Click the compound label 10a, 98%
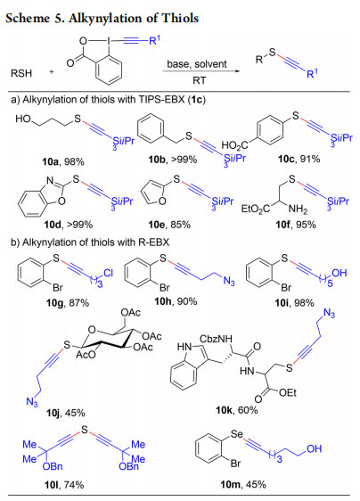pyautogui.click(x=63, y=161)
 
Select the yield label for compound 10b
pyautogui.click(x=184, y=159)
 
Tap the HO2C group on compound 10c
pyautogui.click(x=234, y=145)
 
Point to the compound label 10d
pyautogui.click(x=53, y=225)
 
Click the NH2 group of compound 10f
pyautogui.click(x=298, y=209)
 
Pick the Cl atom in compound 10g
pyautogui.click(x=108, y=273)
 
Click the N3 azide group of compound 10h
pyautogui.click(x=229, y=281)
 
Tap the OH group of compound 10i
pyautogui.click(x=340, y=273)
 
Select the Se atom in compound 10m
pyautogui.click(x=237, y=434)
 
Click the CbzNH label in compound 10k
pyautogui.click(x=216, y=339)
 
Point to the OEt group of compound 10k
pyautogui.click(x=288, y=392)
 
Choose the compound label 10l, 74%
pyautogui.click(x=64, y=485)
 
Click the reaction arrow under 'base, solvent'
pyautogui.click(x=200, y=70)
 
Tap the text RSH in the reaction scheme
pyautogui.click(x=21, y=73)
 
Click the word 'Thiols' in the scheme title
pyautogui.click(x=180, y=18)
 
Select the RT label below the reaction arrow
pyautogui.click(x=199, y=80)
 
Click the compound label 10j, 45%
pyautogui.click(x=66, y=413)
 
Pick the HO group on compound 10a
pyautogui.click(x=23, y=119)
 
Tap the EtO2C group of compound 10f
pyautogui.click(x=256, y=209)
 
